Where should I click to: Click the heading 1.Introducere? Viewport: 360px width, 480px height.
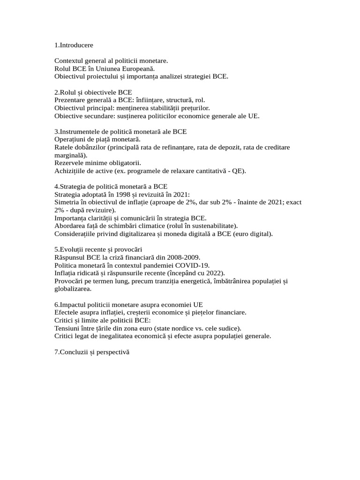pyautogui.click(x=74, y=45)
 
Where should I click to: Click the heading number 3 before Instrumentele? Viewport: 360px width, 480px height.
pyautogui.click(x=56, y=132)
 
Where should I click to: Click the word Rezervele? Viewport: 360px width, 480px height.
pyautogui.click(x=68, y=163)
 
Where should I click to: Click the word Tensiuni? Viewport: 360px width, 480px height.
pyautogui.click(x=68, y=328)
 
